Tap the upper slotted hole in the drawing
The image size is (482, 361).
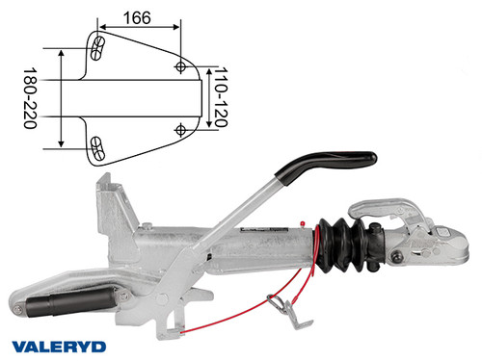(97, 47)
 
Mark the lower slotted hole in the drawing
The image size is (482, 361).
(97, 145)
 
